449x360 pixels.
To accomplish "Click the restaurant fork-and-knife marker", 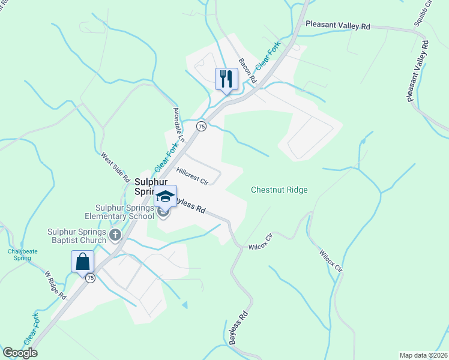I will tap(226, 79).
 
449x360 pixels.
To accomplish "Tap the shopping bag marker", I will tap(82, 262).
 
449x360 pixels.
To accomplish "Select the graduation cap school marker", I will tap(165, 196).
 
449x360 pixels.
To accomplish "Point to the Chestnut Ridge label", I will tap(279, 190).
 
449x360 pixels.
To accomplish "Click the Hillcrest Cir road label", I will tap(192, 176).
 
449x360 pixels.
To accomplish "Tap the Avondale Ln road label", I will tap(178, 124).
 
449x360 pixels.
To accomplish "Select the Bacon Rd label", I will tap(247, 71).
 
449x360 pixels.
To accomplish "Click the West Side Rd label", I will tap(115, 167).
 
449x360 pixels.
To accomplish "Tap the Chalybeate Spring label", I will tap(19, 255).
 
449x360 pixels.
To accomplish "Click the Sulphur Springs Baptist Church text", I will tap(77, 236).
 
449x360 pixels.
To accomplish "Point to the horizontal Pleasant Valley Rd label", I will tap(338, 26).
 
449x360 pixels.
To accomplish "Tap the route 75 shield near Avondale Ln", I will tap(201, 126).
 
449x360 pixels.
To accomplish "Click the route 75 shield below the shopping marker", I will tap(90, 277).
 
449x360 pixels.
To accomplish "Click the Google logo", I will tap(20, 353).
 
